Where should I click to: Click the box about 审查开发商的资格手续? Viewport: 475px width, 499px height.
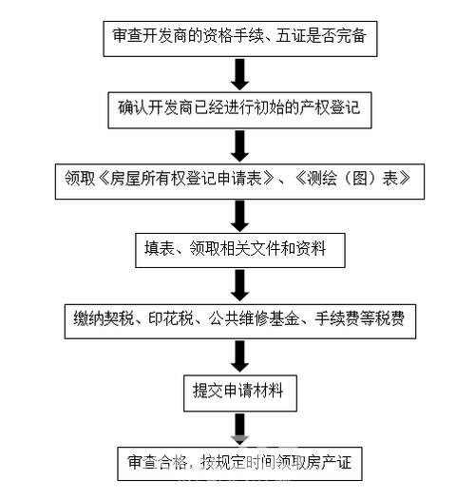(x=239, y=38)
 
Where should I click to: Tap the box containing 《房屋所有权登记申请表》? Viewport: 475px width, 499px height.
(x=237, y=179)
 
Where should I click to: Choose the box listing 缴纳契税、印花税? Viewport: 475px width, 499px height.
(x=238, y=318)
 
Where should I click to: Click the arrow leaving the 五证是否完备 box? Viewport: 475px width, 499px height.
(x=239, y=73)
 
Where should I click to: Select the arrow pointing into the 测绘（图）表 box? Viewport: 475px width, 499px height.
(x=239, y=144)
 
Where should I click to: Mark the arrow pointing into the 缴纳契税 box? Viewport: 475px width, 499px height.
(x=239, y=284)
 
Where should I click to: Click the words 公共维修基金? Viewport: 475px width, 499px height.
(x=246, y=318)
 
